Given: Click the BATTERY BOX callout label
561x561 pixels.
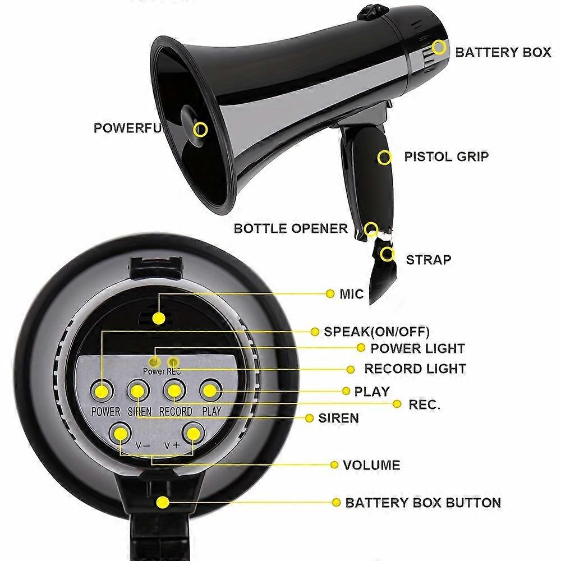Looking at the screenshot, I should pos(503,52).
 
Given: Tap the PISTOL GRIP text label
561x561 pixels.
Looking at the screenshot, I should pos(446,156).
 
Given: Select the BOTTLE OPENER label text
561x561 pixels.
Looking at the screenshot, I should pos(291,228).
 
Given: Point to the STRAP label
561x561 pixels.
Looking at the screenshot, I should pos(429,260).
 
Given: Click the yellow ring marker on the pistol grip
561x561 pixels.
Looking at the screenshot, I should pos(385,157).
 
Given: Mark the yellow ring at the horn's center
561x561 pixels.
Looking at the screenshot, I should pos(200,130).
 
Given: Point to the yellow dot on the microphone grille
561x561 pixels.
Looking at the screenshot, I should pos(159,318).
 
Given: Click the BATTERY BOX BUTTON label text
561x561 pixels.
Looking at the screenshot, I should pos(423,502).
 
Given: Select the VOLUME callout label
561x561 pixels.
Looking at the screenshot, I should pos(371,465).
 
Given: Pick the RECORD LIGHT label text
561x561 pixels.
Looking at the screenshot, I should pos(415,369).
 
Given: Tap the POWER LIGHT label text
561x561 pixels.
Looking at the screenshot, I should pos(417,348).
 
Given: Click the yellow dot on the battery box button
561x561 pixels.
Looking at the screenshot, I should pos(163,502).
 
